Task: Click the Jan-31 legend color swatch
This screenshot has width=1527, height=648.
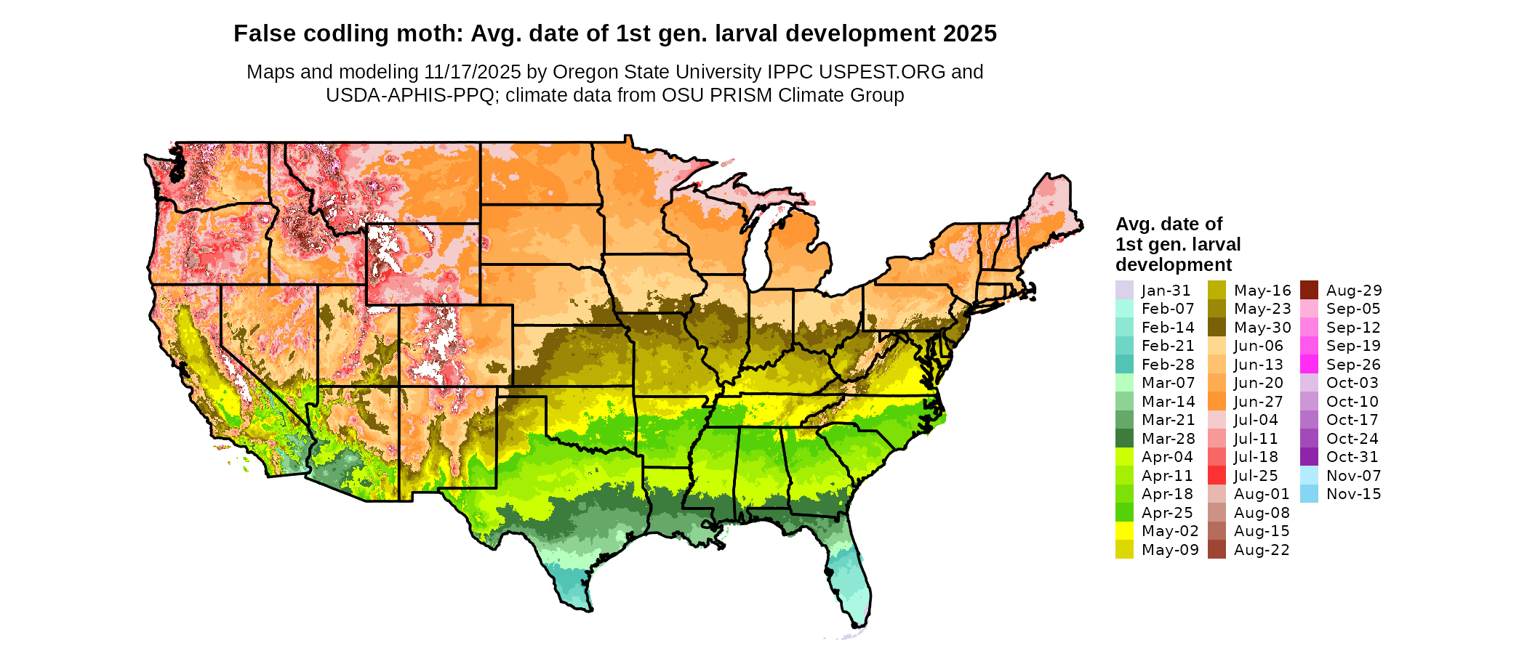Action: coord(1124,290)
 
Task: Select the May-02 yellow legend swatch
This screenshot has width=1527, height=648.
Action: coord(1124,531)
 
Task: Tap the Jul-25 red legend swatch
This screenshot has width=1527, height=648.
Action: coord(1217,476)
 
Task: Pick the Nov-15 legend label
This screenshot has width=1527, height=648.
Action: coord(1353,494)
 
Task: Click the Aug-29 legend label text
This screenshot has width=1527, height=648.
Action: coord(1354,291)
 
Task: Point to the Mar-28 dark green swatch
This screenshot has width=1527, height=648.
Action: coord(1124,438)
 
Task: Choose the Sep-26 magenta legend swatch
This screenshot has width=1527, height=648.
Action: coord(1309,365)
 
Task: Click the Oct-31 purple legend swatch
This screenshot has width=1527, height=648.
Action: coord(1309,457)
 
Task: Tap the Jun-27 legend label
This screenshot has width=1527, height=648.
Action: coord(1259,402)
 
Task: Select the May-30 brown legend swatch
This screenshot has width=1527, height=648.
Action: coord(1217,328)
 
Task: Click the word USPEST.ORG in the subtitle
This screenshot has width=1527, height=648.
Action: coord(882,72)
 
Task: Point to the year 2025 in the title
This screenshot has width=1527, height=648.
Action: coord(970,33)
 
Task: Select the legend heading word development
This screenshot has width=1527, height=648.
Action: coord(1174,264)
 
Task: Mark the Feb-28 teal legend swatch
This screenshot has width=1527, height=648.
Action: coord(1124,365)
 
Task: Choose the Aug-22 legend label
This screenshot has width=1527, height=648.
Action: coord(1262,550)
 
